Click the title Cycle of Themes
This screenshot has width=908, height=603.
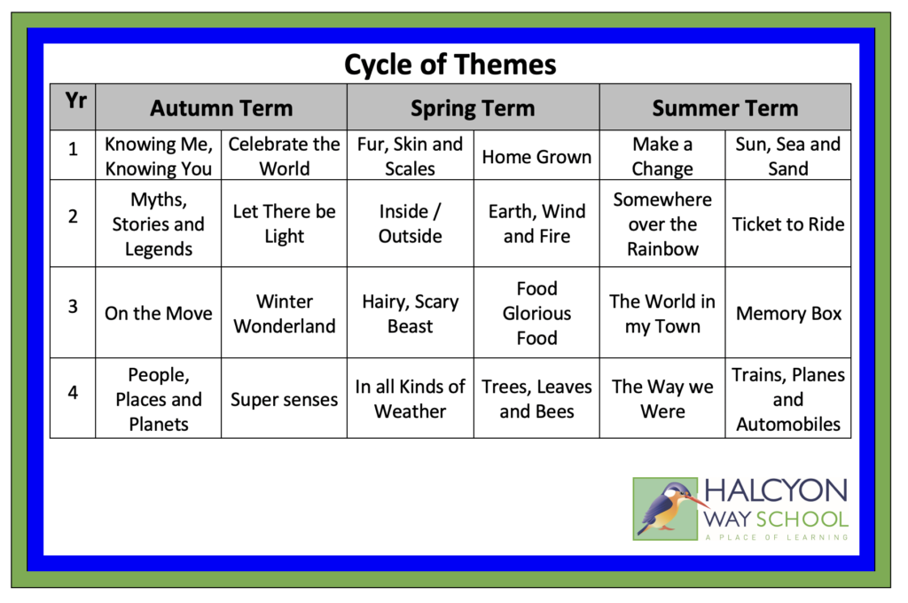tap(450, 65)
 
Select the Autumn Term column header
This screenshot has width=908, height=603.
tap(221, 107)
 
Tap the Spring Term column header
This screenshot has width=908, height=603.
tap(474, 107)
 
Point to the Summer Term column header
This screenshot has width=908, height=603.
tap(725, 107)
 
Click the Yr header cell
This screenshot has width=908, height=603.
tap(73, 106)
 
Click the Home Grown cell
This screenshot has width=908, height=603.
tap(536, 155)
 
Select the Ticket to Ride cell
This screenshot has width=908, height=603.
tap(788, 223)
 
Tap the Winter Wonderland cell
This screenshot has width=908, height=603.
tap(285, 313)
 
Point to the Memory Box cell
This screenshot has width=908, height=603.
tap(788, 313)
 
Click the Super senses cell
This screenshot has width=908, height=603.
tap(285, 398)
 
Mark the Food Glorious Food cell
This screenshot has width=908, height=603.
tap(536, 313)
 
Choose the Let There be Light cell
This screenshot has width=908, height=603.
tap(285, 223)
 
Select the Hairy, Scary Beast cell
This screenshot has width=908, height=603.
tap(410, 313)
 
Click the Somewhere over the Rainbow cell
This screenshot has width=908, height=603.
tap(662, 223)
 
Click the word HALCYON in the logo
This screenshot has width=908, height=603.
tap(776, 490)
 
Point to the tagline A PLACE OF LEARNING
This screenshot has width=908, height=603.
tap(777, 537)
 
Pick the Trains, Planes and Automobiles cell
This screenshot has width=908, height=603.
tap(788, 398)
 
